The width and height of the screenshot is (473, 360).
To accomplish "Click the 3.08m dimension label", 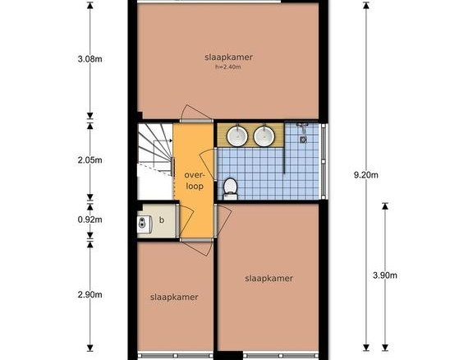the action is [x=90, y=59].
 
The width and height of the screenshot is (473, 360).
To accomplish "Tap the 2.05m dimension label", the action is [x=90, y=160].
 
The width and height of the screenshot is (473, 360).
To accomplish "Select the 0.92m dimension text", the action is [x=90, y=219].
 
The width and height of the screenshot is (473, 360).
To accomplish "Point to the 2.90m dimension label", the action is [x=90, y=294].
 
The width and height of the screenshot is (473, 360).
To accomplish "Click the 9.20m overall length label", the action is [x=366, y=175].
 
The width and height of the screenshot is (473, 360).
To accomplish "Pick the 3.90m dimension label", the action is [x=385, y=275].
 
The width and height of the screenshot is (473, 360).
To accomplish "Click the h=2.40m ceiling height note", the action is [x=228, y=67].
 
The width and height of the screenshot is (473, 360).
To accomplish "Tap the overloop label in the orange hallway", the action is [x=195, y=181].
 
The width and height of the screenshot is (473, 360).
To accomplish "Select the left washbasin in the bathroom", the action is [x=237, y=136].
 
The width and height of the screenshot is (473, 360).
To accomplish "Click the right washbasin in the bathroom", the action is [x=264, y=136].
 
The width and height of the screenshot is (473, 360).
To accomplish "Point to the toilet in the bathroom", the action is [x=231, y=189].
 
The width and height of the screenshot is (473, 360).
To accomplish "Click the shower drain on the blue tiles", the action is [x=303, y=140].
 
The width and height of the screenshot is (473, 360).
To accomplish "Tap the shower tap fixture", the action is [x=302, y=127].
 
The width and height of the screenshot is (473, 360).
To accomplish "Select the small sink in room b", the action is [x=143, y=224].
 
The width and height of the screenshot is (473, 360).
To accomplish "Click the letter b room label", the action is [x=162, y=220].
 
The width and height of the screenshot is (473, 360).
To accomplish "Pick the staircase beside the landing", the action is [x=155, y=162].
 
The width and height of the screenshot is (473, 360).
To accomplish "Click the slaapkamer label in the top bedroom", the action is [x=228, y=58].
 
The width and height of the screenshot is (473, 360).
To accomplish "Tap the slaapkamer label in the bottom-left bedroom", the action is [x=174, y=298].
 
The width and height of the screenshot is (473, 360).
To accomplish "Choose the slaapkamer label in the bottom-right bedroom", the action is [x=269, y=278].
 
